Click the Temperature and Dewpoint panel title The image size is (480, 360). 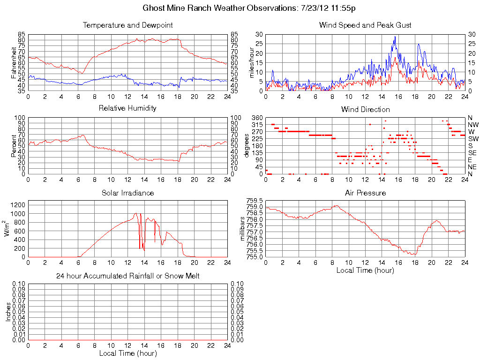tap(127, 25)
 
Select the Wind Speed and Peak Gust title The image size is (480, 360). tap(365, 25)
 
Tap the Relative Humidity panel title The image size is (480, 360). tap(127, 108)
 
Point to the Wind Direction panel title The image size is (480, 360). tap(365, 109)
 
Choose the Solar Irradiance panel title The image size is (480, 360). tap(127, 193)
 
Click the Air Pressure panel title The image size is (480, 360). tap(365, 193)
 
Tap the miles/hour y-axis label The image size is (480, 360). tap(251, 62)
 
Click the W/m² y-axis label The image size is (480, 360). tap(7, 229)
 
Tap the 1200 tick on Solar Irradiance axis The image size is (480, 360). tap(19, 204)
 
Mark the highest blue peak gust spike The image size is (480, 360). tap(395, 37)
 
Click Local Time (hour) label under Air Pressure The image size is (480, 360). tap(365, 270)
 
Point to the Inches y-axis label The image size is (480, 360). tap(8, 312)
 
